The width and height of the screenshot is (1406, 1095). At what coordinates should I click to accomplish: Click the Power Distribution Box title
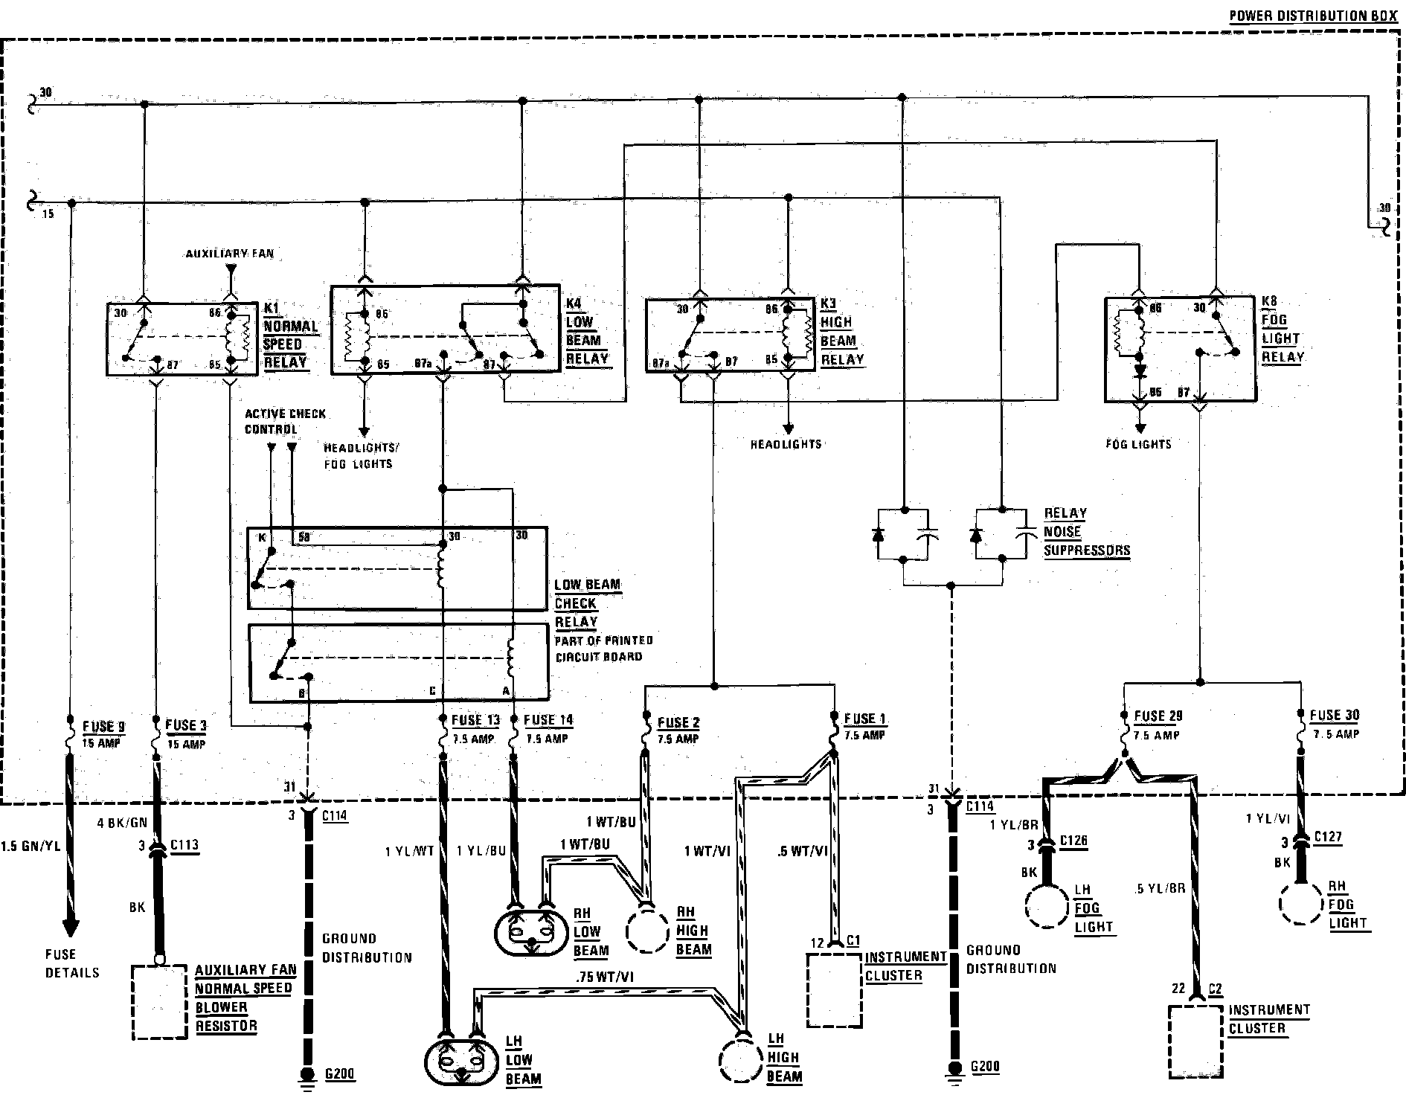(1313, 16)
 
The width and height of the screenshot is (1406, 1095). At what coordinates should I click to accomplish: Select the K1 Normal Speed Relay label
(290, 335)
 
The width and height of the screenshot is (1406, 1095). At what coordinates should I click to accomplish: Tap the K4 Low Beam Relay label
(587, 331)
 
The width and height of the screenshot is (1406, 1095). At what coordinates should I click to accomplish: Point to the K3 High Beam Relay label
(841, 332)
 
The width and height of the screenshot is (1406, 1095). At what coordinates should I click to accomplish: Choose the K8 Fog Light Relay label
(1282, 329)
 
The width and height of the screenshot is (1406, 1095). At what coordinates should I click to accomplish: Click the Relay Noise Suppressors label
(1086, 532)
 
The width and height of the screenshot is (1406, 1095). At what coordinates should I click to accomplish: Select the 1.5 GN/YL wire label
(31, 846)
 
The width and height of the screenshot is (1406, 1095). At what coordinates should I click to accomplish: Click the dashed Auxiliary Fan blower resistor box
(159, 1002)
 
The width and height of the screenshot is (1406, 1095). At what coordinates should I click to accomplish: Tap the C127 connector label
(1328, 837)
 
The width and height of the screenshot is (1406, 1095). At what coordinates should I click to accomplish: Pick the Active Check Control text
(285, 421)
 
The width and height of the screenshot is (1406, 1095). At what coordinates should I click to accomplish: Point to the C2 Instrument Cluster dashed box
(1196, 1041)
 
